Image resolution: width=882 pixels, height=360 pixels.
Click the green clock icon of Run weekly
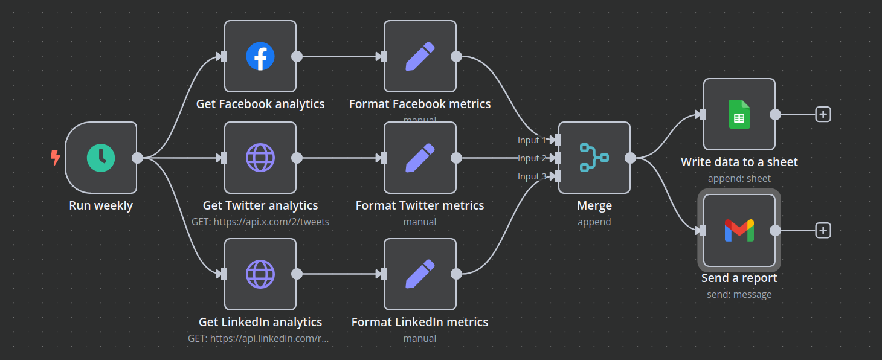[101, 158]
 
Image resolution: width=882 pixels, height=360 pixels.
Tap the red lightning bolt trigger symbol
[55, 158]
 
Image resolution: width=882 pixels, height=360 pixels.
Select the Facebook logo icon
[260, 56]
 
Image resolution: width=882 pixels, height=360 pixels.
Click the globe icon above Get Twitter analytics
[260, 158]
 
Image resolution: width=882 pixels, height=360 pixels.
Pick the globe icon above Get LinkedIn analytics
[260, 274]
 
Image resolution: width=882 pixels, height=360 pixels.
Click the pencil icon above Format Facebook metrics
[420, 56]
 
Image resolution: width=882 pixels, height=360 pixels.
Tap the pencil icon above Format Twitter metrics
[420, 158]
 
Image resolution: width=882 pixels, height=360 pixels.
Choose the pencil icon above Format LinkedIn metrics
[420, 274]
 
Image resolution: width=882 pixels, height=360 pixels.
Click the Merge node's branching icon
[594, 158]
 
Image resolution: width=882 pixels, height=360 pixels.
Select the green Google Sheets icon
[739, 114]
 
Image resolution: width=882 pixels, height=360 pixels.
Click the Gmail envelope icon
[739, 230]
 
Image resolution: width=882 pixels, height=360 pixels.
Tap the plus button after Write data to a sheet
[823, 114]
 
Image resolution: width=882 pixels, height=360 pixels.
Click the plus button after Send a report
[823, 230]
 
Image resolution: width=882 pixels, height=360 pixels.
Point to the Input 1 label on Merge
[532, 140]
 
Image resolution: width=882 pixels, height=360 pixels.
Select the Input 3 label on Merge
[532, 176]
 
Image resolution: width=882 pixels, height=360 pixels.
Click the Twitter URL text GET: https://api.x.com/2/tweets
[260, 222]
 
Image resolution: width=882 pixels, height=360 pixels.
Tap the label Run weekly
[101, 205]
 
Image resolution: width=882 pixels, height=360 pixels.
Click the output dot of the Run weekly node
[138, 158]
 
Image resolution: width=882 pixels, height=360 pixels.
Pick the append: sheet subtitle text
[739, 178]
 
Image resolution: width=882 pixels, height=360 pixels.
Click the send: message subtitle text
[739, 294]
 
